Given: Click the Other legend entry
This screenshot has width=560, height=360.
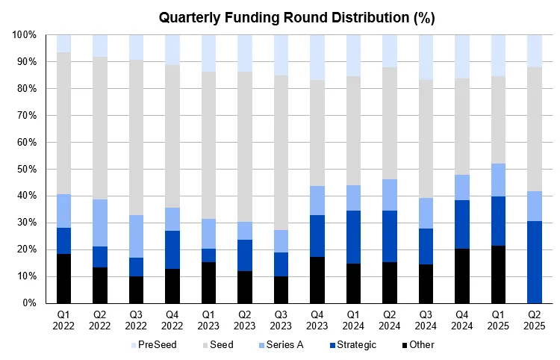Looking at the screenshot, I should [417, 344].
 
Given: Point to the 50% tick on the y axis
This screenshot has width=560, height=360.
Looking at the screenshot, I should [26, 169].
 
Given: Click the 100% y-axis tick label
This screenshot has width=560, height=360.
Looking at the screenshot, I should [24, 34].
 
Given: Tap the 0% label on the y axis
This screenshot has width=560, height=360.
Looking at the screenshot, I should [28, 303].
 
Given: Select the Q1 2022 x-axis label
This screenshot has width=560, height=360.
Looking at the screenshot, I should [63, 320].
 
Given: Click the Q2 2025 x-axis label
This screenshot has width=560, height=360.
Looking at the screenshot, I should [535, 320].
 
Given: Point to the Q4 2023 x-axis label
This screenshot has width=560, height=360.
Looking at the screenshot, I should [317, 320].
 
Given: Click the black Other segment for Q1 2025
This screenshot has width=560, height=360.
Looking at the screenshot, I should [498, 274].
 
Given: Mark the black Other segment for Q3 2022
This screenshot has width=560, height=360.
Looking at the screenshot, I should [136, 290].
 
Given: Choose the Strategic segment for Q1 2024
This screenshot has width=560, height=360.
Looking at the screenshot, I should [353, 237].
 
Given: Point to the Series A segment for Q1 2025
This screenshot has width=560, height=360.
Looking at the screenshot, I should [498, 180].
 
